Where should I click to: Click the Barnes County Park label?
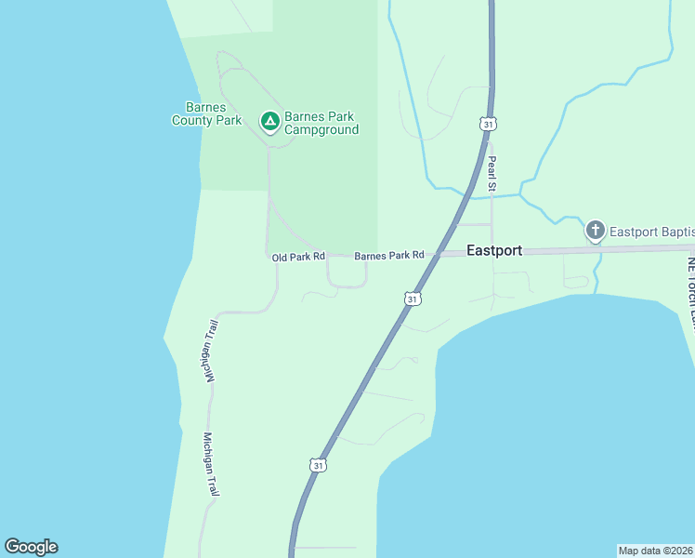point(206,113)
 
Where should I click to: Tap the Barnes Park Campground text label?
point(321,123)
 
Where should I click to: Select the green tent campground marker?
point(269,121)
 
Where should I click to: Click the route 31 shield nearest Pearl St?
point(489,124)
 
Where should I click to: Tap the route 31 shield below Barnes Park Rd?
point(413,299)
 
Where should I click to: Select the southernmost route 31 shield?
point(319,465)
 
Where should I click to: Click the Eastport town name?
point(493,250)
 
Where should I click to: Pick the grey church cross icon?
point(595,230)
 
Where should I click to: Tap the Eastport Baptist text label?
point(651,231)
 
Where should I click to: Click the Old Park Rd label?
point(298,256)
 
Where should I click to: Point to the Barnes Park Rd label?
point(388,255)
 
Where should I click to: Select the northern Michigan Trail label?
point(211,351)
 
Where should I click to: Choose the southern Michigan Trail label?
point(211,464)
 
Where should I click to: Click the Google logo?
point(31,547)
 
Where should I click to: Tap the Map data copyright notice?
point(656,551)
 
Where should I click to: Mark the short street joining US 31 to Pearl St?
point(475,224)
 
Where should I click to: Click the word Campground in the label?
point(321,130)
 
